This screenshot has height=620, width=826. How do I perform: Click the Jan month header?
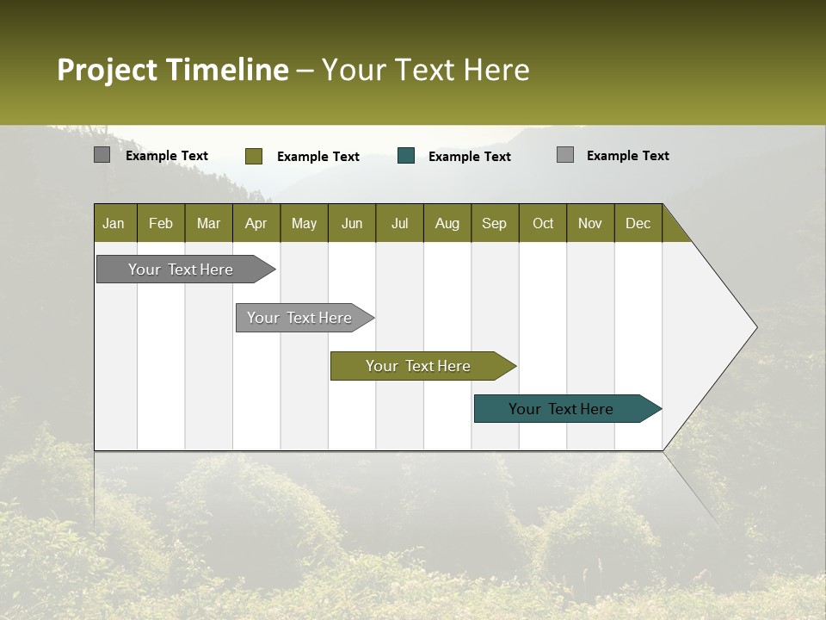114,223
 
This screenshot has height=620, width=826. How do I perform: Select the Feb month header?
161,223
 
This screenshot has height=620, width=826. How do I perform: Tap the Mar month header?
208,223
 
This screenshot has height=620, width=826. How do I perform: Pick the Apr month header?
256,223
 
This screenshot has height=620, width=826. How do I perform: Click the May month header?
304,223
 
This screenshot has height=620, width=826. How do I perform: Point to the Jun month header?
352,223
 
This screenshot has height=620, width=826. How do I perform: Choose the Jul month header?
399,223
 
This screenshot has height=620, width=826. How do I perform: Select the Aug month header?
447,223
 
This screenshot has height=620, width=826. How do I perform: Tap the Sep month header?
495,223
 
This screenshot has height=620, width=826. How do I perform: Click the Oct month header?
543,223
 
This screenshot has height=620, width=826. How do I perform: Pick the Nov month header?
590,223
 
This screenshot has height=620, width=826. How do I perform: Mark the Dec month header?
638,223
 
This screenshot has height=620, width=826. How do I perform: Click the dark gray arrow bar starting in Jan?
181,270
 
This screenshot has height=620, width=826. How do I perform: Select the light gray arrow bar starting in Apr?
299,318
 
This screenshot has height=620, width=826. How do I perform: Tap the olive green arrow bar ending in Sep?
418,366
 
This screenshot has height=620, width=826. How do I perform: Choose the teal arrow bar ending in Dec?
561,409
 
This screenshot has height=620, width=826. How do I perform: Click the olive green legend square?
253,156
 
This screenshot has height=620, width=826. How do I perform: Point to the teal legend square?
406,156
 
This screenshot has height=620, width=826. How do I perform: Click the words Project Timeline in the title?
172,70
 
